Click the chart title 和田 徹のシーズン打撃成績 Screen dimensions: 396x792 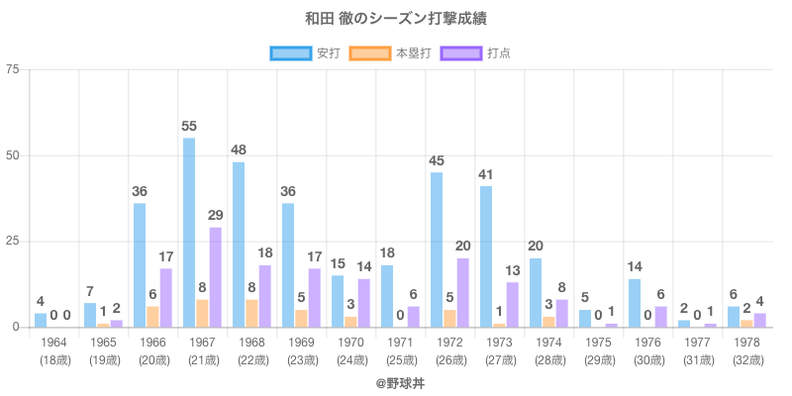click(x=396, y=19)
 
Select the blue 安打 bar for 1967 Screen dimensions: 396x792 click(x=189, y=233)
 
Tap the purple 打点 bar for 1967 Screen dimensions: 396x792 click(x=215, y=277)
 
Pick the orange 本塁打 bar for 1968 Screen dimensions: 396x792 click(x=251, y=313)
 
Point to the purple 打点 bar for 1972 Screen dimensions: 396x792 click(x=462, y=292)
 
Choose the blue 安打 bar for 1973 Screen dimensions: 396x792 click(x=486, y=256)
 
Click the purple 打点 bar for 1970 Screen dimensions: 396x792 click(x=363, y=303)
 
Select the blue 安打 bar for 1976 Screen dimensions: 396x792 click(x=635, y=303)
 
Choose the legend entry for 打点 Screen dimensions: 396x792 click(x=476, y=52)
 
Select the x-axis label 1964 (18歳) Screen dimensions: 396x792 click(x=54, y=349)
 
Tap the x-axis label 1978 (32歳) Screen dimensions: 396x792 click(x=747, y=349)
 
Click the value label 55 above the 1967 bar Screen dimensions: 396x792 click(x=189, y=127)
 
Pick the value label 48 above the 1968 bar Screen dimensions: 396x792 click(x=239, y=150)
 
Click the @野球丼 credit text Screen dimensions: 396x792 click(x=396, y=380)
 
